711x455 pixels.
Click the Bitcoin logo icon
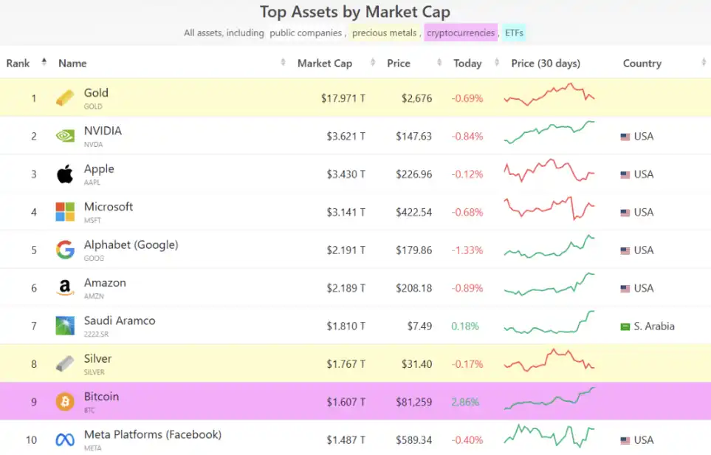coord(65,402)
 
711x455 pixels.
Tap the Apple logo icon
coord(65,174)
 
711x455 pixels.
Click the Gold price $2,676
coord(416,98)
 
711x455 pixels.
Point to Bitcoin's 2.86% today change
coord(465,402)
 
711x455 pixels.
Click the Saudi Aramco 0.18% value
coord(465,326)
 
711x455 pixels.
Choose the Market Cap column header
coord(324,63)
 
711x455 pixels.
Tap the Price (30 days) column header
coord(546,63)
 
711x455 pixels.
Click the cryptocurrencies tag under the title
coord(461,32)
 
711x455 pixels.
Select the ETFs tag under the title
coord(514,32)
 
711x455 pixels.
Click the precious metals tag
coord(385,32)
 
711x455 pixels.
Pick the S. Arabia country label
coord(653,326)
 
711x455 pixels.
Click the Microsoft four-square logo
coord(65,212)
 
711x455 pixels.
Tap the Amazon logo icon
coord(65,288)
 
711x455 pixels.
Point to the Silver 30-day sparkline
coord(549,360)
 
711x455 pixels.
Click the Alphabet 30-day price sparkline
coord(549,247)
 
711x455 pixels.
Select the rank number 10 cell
coord(31,440)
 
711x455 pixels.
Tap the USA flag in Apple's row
coord(625,175)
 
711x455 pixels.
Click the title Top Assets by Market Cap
coord(355,12)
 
